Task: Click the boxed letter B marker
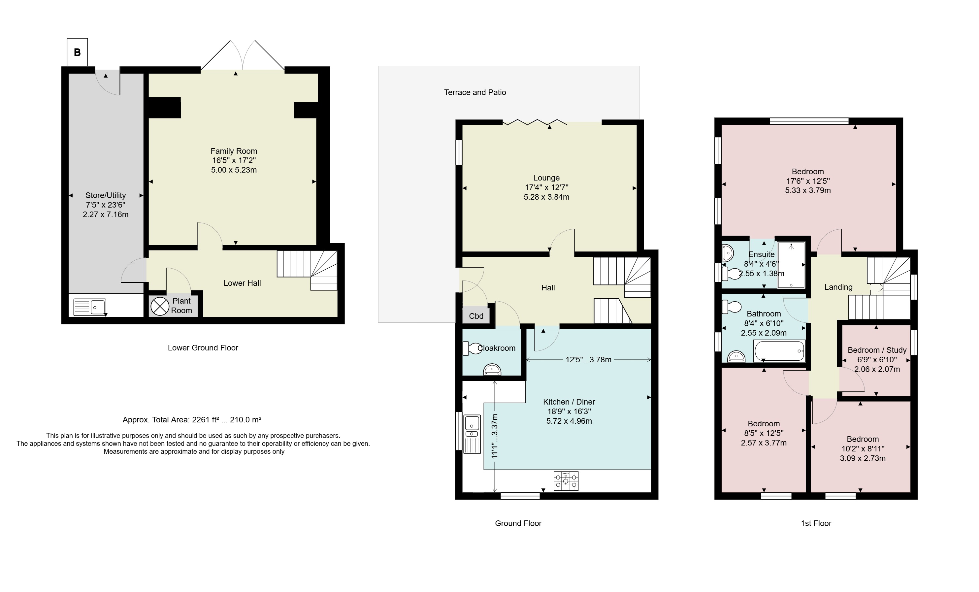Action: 77,52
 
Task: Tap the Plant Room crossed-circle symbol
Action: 160,306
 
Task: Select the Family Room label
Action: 234,151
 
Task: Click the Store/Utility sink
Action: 90,307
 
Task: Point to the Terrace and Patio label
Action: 475,92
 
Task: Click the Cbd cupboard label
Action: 476,316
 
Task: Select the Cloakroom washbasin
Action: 492,370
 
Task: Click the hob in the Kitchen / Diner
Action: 566,481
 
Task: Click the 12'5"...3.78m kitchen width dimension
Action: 588,360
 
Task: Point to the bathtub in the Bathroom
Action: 779,351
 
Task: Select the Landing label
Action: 838,287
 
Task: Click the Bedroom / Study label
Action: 877,350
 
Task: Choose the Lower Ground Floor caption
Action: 203,348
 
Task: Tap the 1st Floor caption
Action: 816,523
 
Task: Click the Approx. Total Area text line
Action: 192,419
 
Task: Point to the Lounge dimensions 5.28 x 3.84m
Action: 546,197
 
